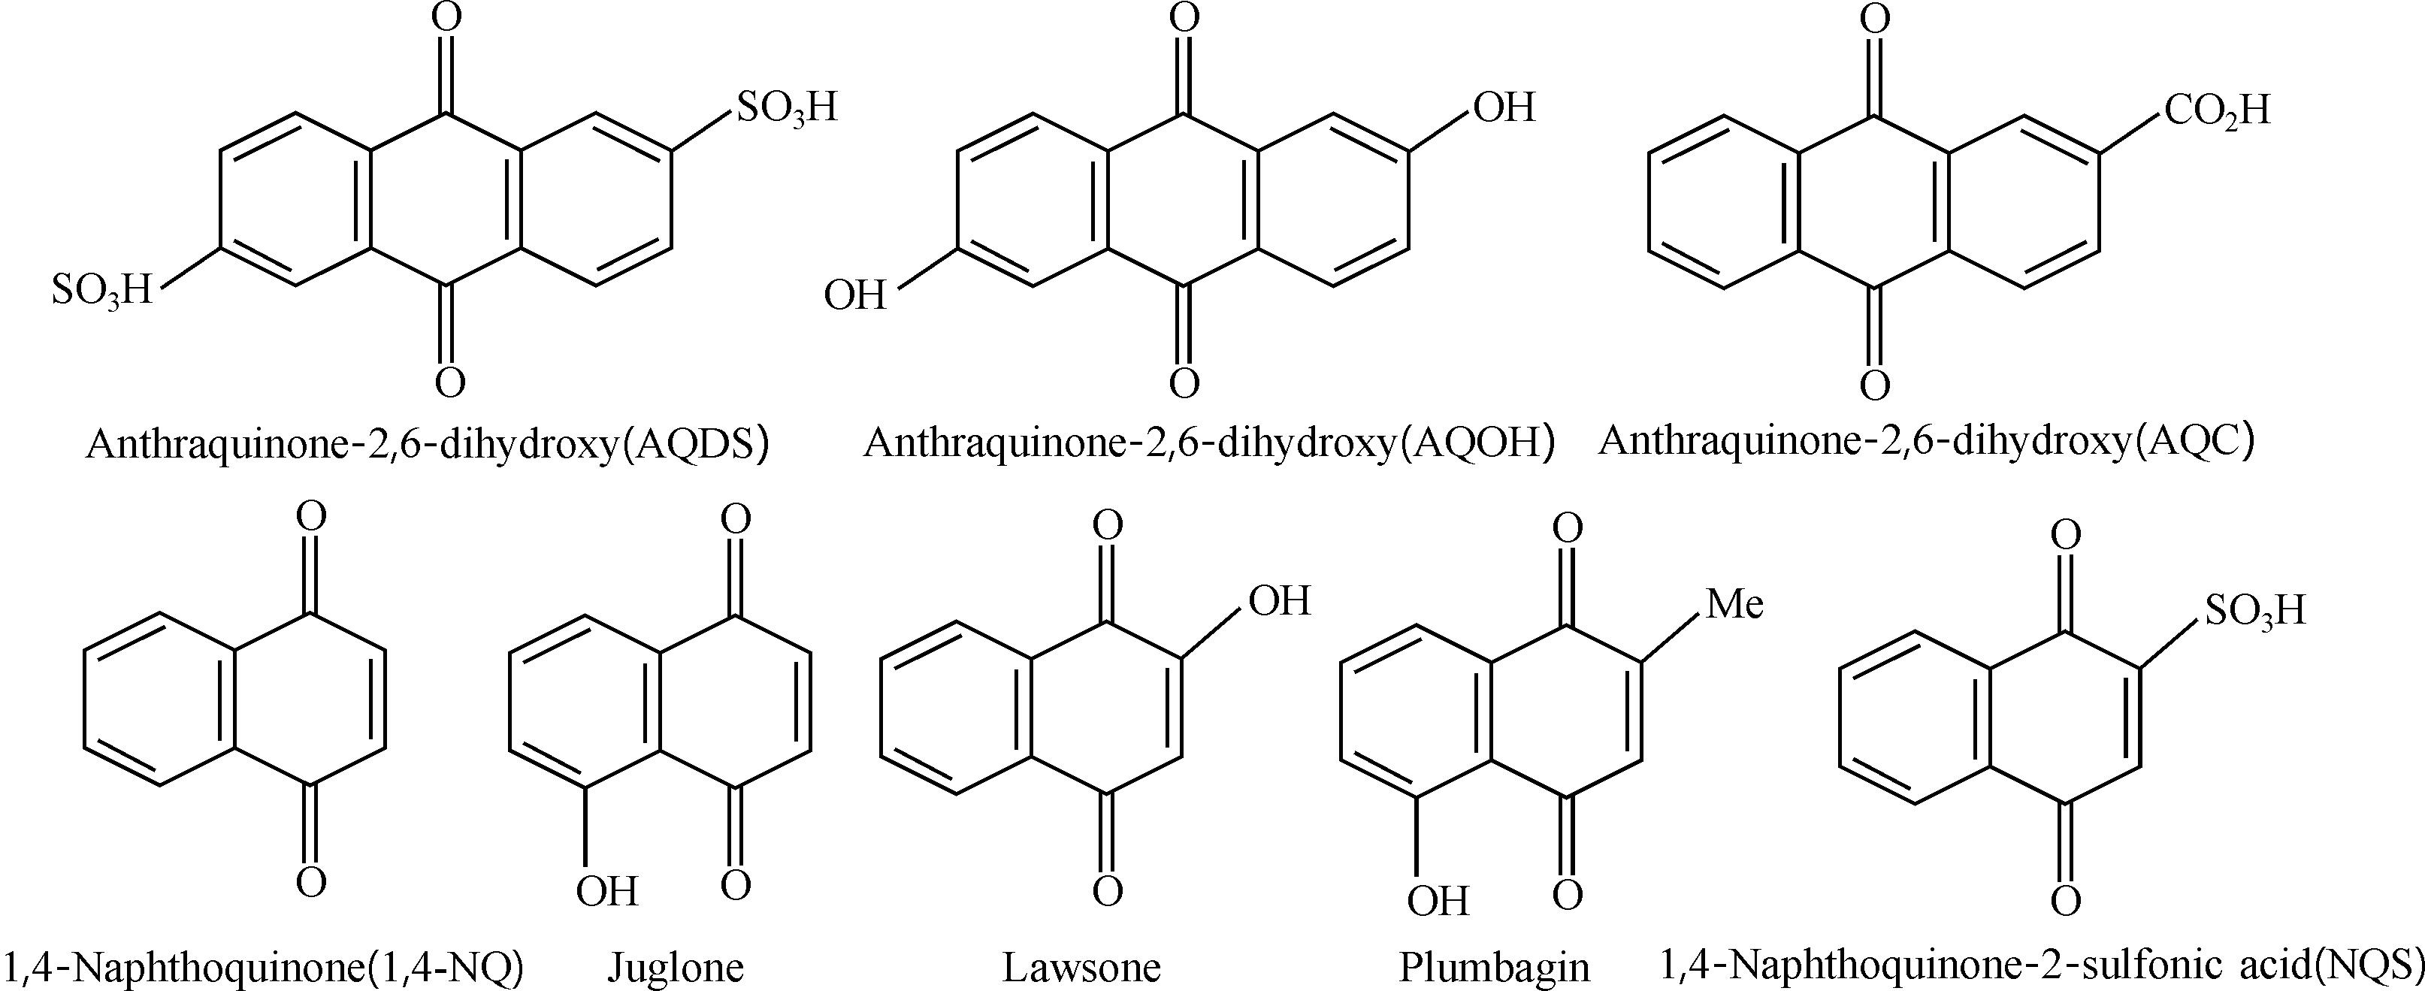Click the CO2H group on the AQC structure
click(2217, 111)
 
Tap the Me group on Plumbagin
click(1734, 603)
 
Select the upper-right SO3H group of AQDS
click(787, 109)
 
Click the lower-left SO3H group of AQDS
click(101, 292)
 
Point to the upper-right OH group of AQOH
click(1504, 107)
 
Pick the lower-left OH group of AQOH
click(854, 295)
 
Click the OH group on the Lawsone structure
click(1279, 600)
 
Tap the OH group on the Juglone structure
click(607, 890)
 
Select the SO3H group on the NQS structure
click(2254, 612)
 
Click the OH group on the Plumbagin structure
click(1438, 901)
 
